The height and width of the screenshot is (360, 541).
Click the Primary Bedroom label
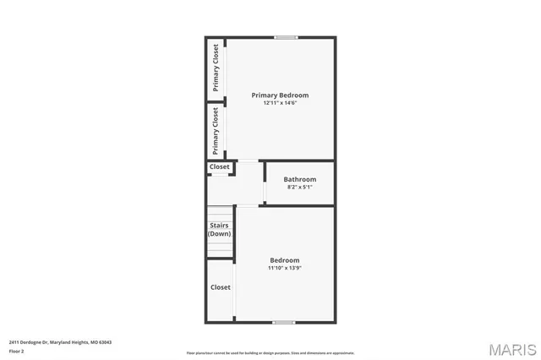click(280, 95)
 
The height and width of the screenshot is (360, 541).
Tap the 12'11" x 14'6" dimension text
click(280, 103)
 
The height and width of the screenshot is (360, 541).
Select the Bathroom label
click(299, 179)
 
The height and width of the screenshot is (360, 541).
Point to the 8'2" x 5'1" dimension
click(299, 188)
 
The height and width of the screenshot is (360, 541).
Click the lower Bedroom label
click(284, 259)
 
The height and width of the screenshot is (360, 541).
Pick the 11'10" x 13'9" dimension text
click(284, 268)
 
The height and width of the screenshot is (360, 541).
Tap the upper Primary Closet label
click(216, 67)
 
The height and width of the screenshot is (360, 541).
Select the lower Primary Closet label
click(216, 130)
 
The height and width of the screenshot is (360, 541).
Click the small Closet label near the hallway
click(219, 167)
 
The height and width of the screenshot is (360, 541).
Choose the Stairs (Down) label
click(220, 229)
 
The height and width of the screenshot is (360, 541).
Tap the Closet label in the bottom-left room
click(220, 287)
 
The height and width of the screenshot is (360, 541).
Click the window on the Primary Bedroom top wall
click(286, 37)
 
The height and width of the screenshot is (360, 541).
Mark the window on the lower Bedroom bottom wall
click(283, 322)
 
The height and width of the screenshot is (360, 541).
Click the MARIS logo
click(511, 349)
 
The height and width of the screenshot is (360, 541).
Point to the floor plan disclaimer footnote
click(270, 353)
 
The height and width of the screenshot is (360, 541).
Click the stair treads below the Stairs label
click(220, 248)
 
